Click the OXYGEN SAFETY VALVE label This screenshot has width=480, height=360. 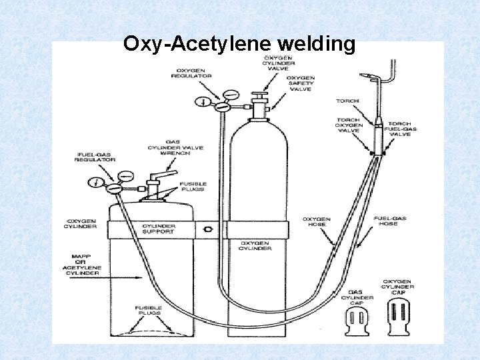tap(301, 84)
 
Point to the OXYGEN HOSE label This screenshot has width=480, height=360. tap(316, 221)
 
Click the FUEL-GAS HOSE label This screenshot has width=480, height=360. tap(390, 221)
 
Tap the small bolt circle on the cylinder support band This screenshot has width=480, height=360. tap(210, 229)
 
